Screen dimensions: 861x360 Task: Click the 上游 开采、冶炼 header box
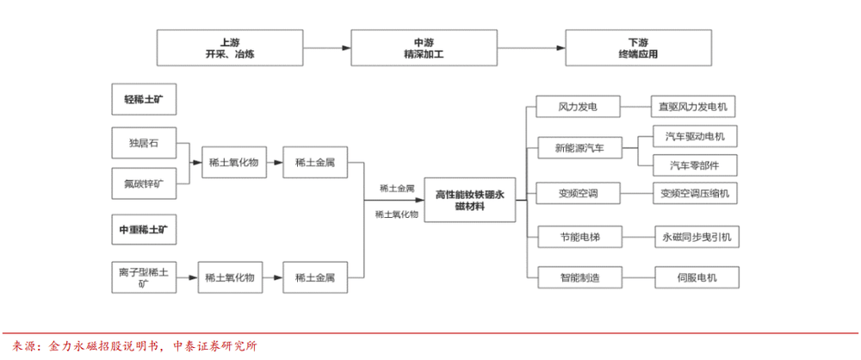point(230,48)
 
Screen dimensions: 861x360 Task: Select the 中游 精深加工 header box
point(424,48)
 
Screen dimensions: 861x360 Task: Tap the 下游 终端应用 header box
point(639,48)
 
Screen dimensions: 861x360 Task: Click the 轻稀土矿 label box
point(144,100)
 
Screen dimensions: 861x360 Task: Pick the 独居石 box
point(144,144)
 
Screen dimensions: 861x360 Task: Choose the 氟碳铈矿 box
point(144,183)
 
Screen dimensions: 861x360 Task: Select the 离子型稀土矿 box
point(144,277)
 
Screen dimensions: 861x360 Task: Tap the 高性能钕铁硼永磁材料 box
point(470,200)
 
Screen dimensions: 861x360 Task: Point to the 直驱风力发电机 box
point(692,107)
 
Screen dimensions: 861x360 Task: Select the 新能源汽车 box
point(579,147)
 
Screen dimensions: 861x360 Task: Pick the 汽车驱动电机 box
point(695,136)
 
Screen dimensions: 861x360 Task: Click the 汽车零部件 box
point(695,164)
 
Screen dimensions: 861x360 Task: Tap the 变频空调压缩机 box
point(695,193)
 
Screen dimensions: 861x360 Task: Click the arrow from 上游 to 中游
point(326,48)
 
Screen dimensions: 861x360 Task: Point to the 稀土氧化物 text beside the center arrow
point(396,214)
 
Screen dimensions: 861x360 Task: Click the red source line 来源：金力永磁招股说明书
point(135,346)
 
